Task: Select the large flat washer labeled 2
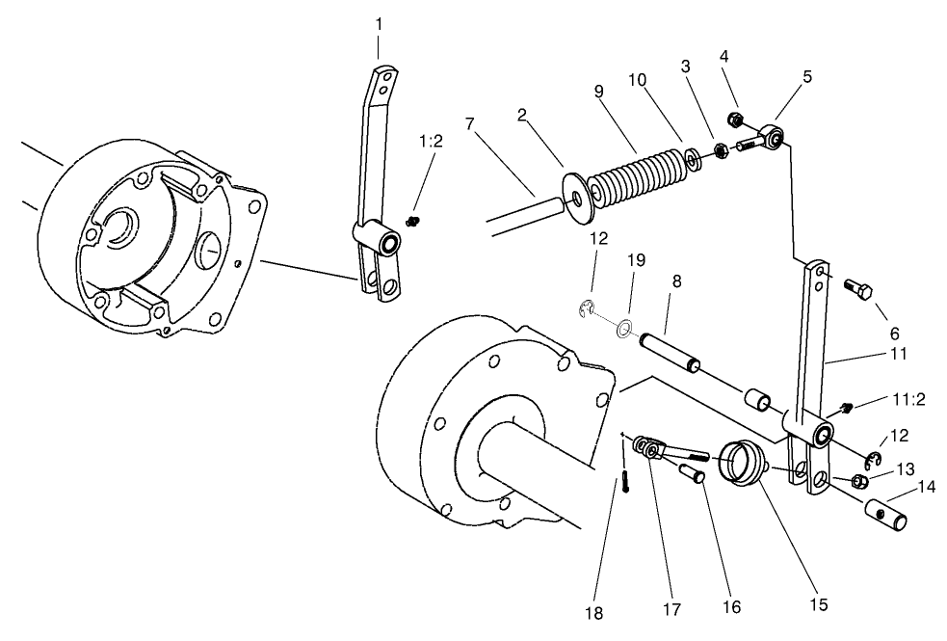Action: [x=575, y=200]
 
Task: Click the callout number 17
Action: [x=671, y=609]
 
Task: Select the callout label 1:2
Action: [x=430, y=141]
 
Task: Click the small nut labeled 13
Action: [x=862, y=481]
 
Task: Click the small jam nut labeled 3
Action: [x=720, y=150]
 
